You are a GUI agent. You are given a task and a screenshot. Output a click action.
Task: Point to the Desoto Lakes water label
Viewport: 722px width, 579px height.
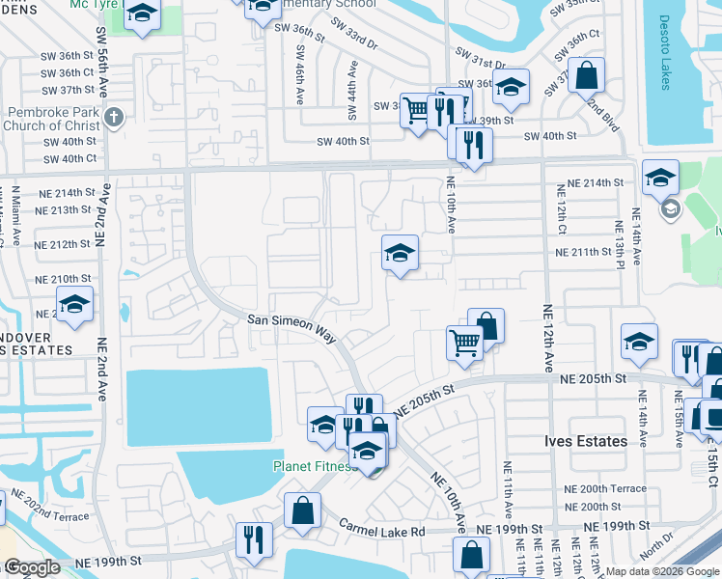pyautogui.click(x=665, y=52)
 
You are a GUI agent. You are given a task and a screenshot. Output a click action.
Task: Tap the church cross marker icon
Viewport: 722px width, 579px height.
pyautogui.click(x=114, y=117)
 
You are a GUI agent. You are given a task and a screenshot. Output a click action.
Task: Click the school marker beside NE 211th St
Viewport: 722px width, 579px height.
pyautogui.click(x=400, y=254)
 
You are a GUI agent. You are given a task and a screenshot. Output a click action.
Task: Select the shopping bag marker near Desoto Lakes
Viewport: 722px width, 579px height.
pyautogui.click(x=586, y=73)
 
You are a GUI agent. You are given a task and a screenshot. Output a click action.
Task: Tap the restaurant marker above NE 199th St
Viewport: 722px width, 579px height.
pyautogui.click(x=254, y=539)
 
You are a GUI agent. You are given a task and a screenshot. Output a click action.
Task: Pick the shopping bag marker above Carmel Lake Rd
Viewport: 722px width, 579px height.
pyautogui.click(x=303, y=510)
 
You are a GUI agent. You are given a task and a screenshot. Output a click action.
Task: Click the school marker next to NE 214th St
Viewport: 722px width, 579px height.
pyautogui.click(x=661, y=178)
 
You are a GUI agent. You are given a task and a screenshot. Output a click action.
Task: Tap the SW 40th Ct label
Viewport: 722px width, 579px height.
pyautogui.click(x=70, y=158)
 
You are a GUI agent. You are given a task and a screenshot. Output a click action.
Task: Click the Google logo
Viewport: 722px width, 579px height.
pyautogui.click(x=32, y=567)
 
